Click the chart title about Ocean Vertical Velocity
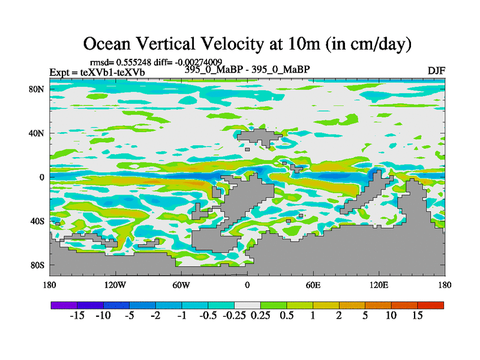click(247, 43)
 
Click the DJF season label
click(436, 71)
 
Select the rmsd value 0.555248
click(130, 62)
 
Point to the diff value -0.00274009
click(202, 62)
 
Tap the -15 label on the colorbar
click(77, 316)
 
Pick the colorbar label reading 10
click(391, 316)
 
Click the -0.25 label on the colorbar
click(234, 316)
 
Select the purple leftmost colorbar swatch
click(64, 305)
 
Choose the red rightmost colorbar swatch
click(431, 305)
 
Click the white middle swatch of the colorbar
click(247, 305)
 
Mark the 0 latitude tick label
click(43, 177)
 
